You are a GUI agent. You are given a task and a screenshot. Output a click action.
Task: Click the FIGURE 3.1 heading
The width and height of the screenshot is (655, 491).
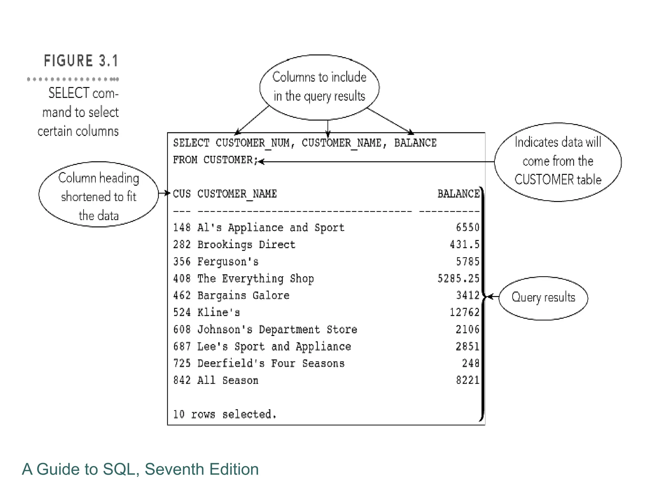point(81,61)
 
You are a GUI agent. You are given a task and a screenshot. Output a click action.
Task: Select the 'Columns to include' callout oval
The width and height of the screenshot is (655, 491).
point(319,87)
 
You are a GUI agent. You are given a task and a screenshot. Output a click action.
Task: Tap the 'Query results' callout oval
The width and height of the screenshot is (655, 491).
point(543,298)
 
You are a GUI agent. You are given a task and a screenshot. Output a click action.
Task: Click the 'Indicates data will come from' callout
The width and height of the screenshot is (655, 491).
point(558,161)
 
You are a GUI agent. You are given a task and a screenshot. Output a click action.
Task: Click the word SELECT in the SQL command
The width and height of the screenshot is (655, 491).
point(191,143)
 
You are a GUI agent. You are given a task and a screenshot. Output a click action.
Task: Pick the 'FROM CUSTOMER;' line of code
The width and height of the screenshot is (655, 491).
point(215,160)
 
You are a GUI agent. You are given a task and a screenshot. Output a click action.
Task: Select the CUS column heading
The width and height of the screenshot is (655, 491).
point(182,194)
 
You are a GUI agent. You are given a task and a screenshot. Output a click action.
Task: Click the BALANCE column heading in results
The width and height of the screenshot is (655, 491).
point(458,194)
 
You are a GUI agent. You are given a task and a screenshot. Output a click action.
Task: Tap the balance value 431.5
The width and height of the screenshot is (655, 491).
point(464,245)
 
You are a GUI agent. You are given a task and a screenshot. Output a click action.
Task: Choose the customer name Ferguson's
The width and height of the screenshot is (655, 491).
point(228,262)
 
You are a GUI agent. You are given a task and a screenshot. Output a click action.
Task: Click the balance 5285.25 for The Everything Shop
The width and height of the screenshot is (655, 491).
point(458,278)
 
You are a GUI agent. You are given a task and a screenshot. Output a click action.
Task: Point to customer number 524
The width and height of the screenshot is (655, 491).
point(182,312)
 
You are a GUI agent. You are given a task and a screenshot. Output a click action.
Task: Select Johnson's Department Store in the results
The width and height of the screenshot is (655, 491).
point(277,329)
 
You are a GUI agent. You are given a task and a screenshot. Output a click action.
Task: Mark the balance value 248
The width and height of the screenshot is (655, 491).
point(470,363)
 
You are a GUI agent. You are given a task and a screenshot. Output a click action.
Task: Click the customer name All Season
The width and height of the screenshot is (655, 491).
point(228,380)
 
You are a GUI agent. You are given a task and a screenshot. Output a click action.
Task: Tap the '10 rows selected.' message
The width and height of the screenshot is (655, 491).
point(225,414)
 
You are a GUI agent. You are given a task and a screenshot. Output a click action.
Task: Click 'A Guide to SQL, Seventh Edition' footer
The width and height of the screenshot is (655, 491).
point(140,469)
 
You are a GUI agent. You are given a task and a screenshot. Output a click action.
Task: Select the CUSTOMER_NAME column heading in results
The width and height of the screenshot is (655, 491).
point(237,194)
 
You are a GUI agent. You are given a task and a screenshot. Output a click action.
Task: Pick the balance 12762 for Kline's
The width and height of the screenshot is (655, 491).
point(464,312)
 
